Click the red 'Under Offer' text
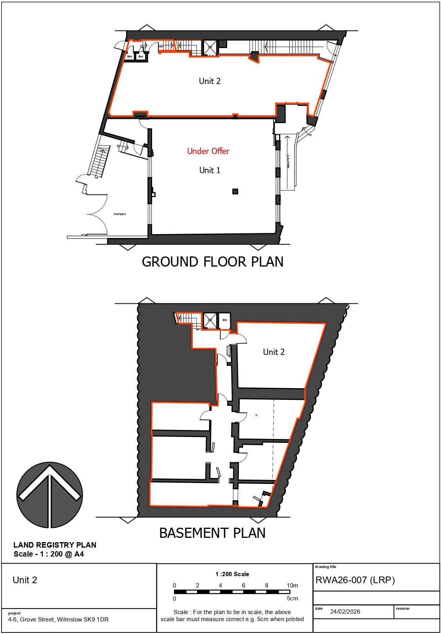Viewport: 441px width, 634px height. (x=208, y=151)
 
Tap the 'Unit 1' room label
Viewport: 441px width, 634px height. (x=210, y=170)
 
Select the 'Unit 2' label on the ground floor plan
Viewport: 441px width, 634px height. (x=210, y=81)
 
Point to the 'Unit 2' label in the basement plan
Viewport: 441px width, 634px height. (x=274, y=352)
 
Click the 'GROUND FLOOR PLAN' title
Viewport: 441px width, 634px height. (x=212, y=261)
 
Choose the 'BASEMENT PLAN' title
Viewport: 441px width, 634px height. (x=212, y=533)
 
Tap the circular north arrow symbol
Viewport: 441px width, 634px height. (x=50, y=494)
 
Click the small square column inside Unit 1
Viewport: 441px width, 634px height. (x=235, y=191)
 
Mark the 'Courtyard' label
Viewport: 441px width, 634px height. (x=120, y=214)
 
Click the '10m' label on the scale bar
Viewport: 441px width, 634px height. (x=292, y=585)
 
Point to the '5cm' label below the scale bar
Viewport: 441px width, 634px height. (x=292, y=598)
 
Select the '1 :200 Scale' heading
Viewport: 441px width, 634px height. (x=232, y=574)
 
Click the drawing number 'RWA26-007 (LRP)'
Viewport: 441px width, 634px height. (x=355, y=580)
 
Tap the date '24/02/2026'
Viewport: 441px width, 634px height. (x=345, y=612)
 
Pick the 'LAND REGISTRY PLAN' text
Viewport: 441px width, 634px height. (x=55, y=545)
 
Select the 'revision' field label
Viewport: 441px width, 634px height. (x=403, y=609)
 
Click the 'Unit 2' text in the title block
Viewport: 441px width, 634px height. (x=25, y=580)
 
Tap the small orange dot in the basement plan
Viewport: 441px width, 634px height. (x=256, y=415)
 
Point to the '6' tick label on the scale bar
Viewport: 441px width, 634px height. (x=244, y=585)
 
